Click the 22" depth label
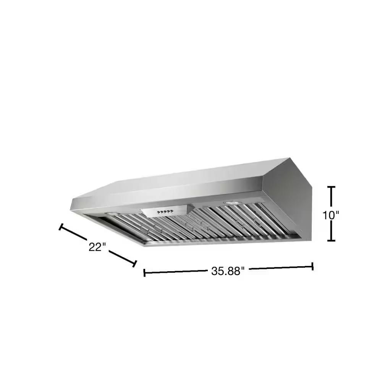click(x=97, y=247)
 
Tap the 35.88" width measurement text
click(x=228, y=271)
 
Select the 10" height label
click(x=330, y=215)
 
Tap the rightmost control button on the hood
click(x=172, y=211)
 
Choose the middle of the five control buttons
click(x=165, y=212)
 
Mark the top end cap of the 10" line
click(x=331, y=187)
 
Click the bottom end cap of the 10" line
click(x=331, y=240)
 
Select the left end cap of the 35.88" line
click(x=144, y=273)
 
